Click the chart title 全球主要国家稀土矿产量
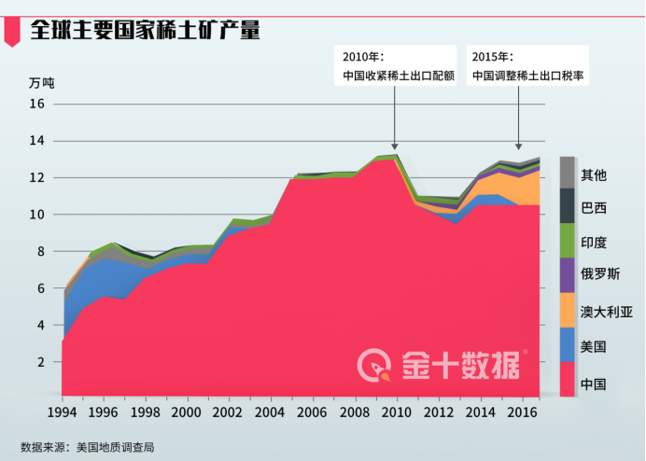pos(145,30)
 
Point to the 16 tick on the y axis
pos(36,105)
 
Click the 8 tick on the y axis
pos(40,251)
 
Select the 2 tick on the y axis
pos(40,361)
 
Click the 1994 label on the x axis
pos(62,412)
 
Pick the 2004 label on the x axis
pos(270,412)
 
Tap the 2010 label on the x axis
pos(395,412)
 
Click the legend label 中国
pos(594,384)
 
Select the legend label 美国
pos(594,346)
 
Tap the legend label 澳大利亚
pos(607,312)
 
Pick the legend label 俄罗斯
pos(600,277)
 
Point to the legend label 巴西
pos(594,208)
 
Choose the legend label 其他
pos(594,175)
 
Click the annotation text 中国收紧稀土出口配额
pos(399,77)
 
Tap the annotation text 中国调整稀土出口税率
pos(527,77)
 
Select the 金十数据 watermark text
pos(460,363)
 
